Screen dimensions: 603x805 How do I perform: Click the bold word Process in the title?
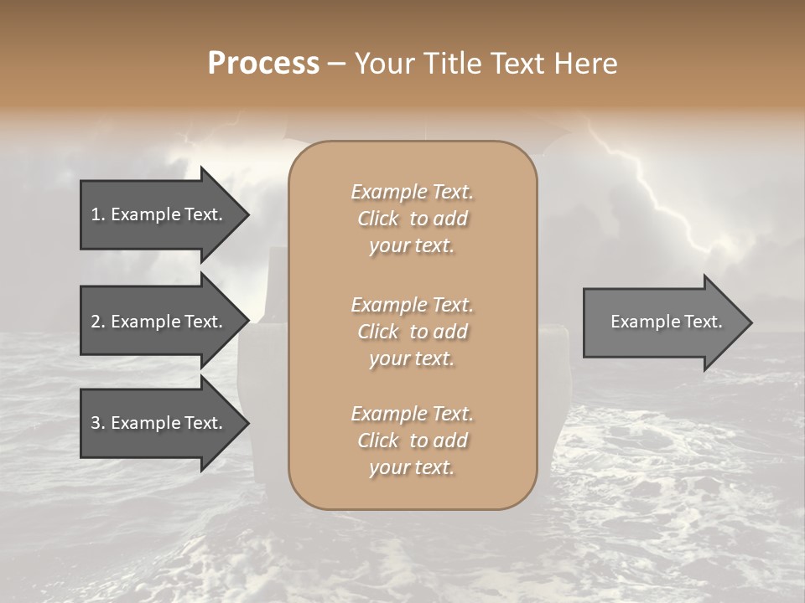tap(263, 64)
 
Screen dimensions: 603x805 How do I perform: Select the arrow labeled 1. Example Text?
tap(159, 214)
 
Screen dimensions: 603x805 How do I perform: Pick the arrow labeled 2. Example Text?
tap(159, 322)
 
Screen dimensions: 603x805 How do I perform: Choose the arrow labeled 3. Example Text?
tap(159, 423)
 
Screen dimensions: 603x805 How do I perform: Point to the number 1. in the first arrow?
tap(98, 214)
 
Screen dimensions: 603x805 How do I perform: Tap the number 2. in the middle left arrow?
tap(98, 322)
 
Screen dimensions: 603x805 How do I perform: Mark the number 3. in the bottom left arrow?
tap(98, 423)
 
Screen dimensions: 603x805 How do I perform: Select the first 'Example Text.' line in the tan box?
tap(412, 192)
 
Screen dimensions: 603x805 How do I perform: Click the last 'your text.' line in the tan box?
tap(412, 468)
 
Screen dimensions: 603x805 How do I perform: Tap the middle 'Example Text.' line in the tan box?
tap(412, 304)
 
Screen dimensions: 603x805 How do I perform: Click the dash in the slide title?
tap(336, 64)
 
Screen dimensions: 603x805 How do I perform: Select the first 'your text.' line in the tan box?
tap(412, 246)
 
